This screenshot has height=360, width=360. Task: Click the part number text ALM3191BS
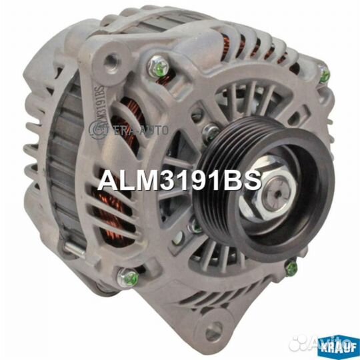(179, 181)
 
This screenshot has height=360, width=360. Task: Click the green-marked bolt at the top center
(158, 66)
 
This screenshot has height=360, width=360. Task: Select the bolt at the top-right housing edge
(323, 75)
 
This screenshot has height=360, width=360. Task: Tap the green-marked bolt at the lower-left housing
(129, 277)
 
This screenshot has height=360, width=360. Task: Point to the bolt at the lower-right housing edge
(291, 269)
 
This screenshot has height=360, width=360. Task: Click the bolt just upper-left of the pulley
(211, 131)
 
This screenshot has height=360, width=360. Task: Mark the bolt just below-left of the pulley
(195, 227)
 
